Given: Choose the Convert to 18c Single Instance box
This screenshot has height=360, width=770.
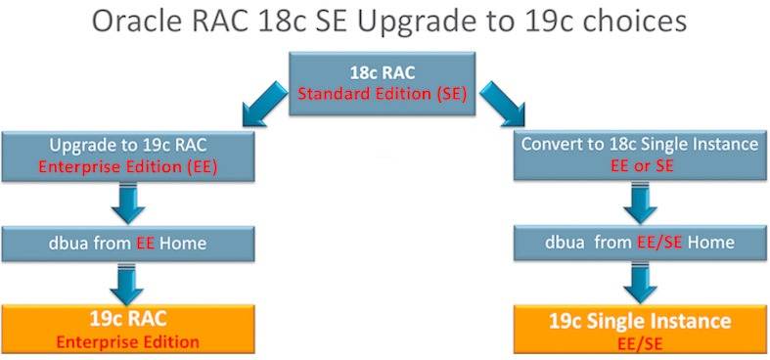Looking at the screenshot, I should point(638,155).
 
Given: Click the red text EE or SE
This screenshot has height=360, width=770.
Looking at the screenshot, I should point(638,166).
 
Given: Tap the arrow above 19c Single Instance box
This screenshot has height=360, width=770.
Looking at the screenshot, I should point(638,286).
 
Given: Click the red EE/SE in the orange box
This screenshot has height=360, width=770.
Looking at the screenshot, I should point(638,342).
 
